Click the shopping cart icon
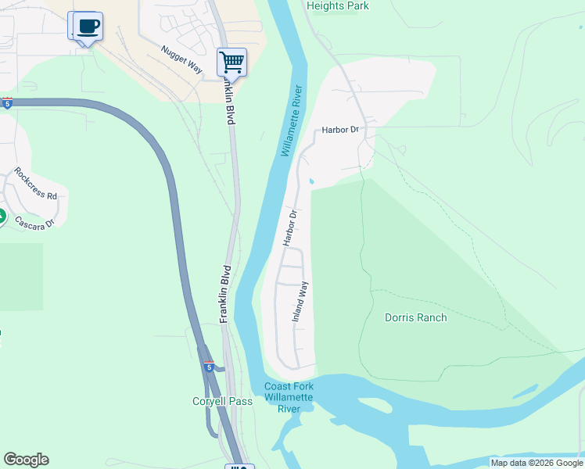(231, 62)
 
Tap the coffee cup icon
(88, 26)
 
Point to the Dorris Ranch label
(415, 317)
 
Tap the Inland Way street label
(300, 303)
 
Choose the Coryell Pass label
(223, 402)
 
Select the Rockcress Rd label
(35, 184)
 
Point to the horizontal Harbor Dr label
(339, 129)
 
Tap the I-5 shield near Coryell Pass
(209, 365)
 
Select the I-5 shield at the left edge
(7, 103)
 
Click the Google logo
(26, 460)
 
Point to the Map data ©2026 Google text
(537, 463)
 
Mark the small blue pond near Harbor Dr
(312, 182)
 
